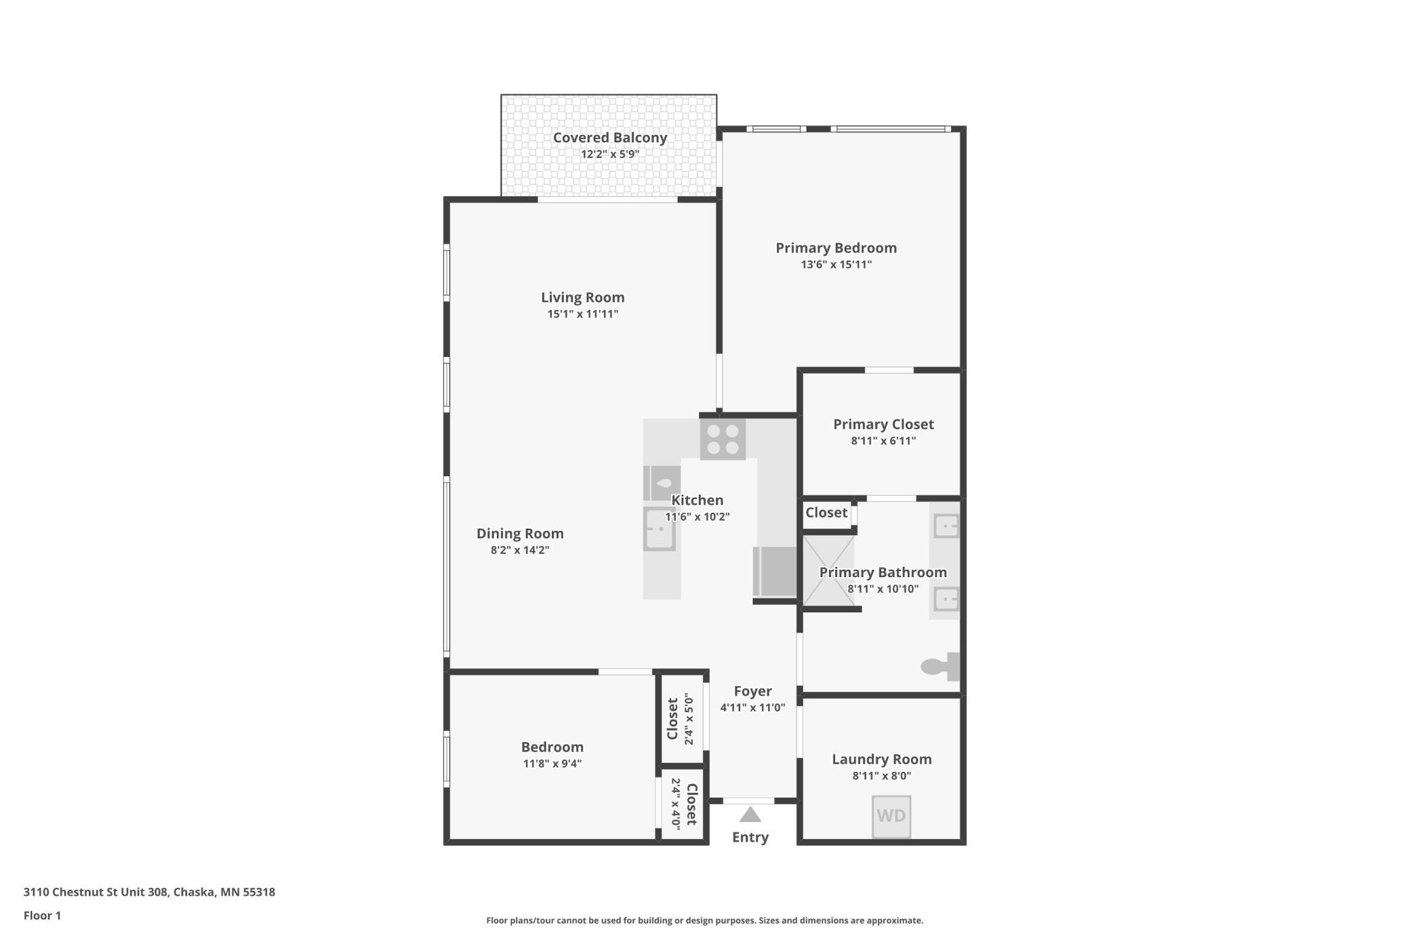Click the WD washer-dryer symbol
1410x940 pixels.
[891, 817]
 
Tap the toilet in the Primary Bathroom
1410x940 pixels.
[940, 667]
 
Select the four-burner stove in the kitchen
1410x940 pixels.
[723, 439]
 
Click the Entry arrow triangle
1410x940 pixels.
[750, 815]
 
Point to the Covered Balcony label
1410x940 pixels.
[610, 138]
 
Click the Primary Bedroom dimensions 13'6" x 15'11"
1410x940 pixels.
[836, 265]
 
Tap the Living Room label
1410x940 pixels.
[582, 297]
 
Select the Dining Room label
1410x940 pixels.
[520, 534]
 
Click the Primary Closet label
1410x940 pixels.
[883, 425]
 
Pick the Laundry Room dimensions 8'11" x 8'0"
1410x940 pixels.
[881, 776]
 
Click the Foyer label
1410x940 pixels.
[752, 691]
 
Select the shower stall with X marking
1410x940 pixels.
[828, 570]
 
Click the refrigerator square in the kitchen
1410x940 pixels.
[774, 572]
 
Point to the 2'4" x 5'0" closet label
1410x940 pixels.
[689, 719]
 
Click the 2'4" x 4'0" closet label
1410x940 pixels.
[676, 803]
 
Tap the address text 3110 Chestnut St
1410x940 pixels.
[95, 892]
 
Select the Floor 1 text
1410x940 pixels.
[42, 916]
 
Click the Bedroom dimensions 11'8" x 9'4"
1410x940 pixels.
[552, 764]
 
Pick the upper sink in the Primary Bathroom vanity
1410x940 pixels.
[946, 526]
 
